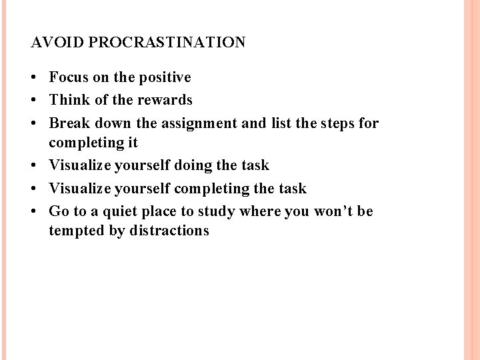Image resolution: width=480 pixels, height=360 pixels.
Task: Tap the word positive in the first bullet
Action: (x=165, y=77)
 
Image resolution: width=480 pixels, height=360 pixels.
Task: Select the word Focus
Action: (x=69, y=77)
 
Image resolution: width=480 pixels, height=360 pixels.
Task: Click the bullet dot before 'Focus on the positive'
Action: (x=35, y=78)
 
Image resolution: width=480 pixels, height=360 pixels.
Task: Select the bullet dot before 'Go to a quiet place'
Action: (x=35, y=211)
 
